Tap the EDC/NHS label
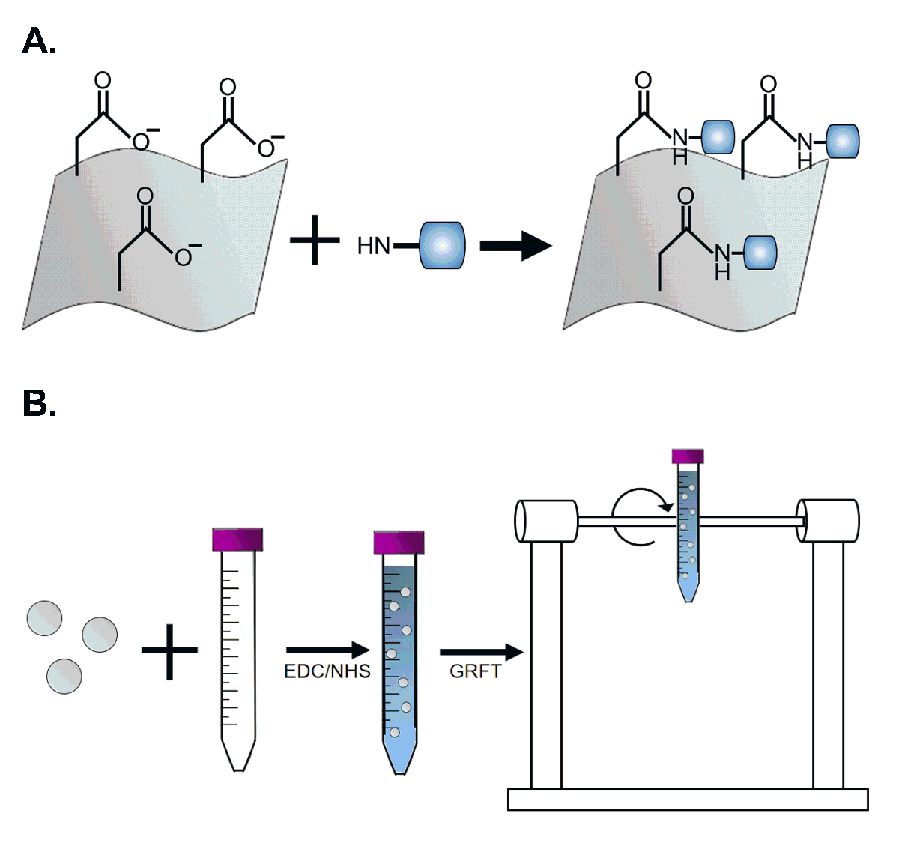(x=327, y=671)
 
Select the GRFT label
(x=475, y=671)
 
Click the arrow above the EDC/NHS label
(x=328, y=650)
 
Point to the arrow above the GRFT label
(x=480, y=653)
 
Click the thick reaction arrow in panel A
(x=515, y=246)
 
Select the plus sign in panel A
(x=315, y=239)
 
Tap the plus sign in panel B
(x=169, y=650)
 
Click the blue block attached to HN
(x=442, y=245)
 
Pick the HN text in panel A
(x=374, y=246)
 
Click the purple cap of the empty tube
(x=237, y=539)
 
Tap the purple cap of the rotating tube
(x=688, y=456)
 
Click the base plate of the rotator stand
(x=687, y=799)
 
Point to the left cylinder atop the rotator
(x=546, y=521)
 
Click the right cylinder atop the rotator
(x=828, y=520)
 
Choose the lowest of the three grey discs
(x=64, y=676)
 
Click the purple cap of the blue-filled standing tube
(x=399, y=542)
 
